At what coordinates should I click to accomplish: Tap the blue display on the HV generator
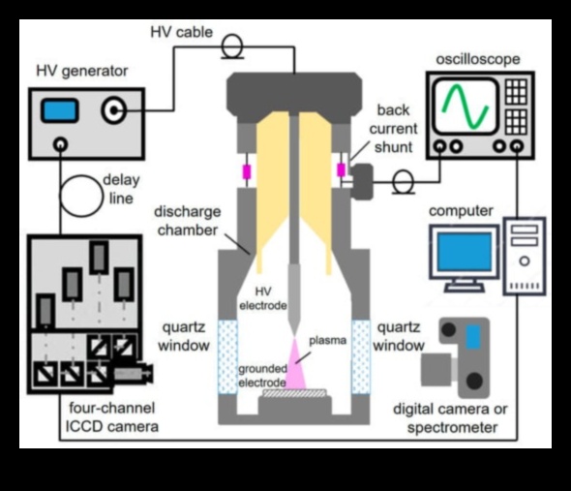pos(60,110)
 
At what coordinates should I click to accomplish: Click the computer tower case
pos(526,257)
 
